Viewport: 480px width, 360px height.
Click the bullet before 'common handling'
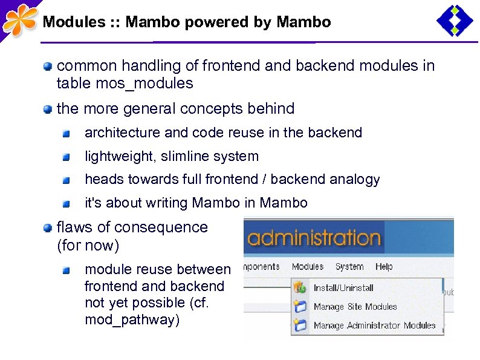47,66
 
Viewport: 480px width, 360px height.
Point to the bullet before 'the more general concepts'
47,110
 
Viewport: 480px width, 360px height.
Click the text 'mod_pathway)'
132,320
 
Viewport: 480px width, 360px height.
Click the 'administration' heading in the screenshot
314,237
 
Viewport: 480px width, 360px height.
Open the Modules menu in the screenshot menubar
307,267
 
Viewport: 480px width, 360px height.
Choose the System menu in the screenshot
349,267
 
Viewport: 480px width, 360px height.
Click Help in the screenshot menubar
383,267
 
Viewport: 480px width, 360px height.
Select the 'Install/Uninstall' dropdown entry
343,288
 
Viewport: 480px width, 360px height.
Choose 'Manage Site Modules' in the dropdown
355,307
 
